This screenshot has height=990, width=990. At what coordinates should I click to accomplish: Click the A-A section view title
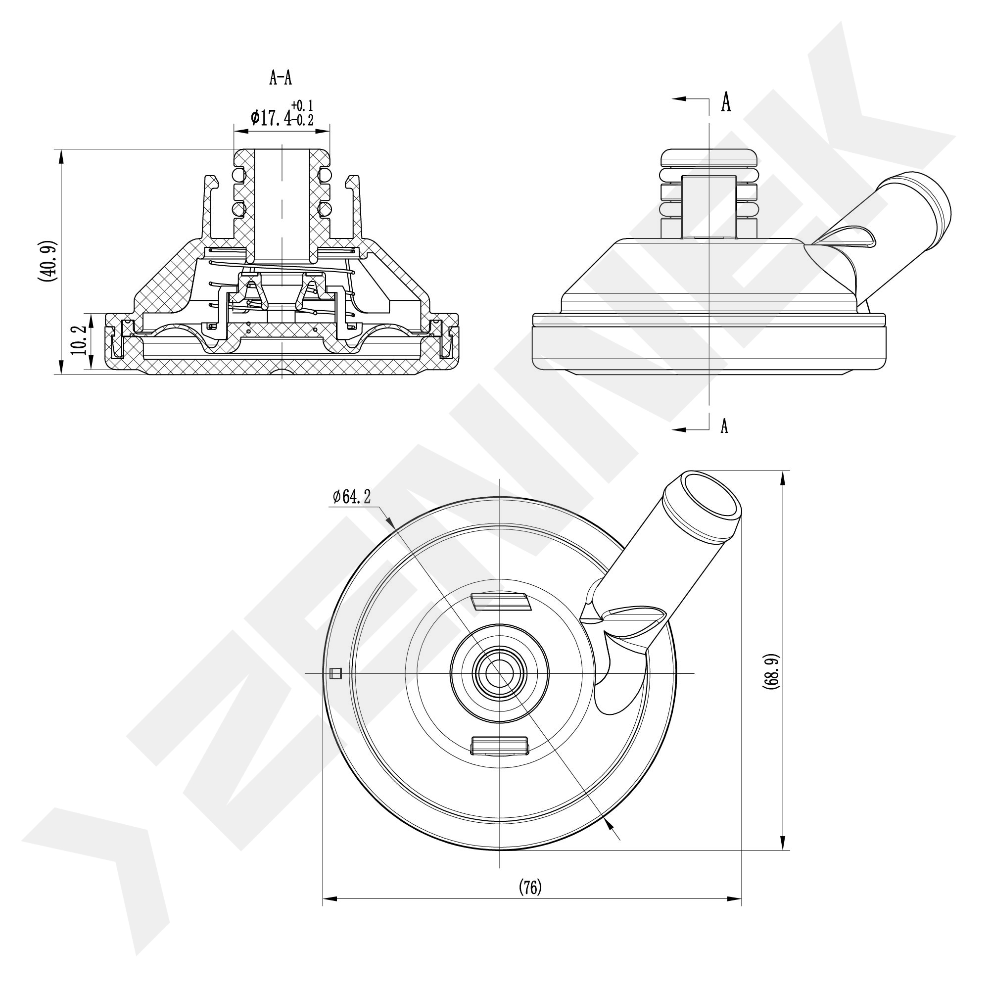coord(281,78)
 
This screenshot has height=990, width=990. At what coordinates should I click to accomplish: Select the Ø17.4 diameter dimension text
coord(272,118)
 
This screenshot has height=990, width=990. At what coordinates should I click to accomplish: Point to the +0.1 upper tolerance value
coord(303,105)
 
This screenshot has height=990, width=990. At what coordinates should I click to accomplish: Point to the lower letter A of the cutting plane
coord(724,425)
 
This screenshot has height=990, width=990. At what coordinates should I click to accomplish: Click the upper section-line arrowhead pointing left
coord(679,99)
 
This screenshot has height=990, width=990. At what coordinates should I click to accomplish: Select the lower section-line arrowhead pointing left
coord(679,429)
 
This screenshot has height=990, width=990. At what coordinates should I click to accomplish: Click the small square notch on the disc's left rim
coord(336,673)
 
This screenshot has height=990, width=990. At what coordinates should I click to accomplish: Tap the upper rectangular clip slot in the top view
coord(500,602)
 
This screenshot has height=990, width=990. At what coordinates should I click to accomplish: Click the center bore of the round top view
coord(499,673)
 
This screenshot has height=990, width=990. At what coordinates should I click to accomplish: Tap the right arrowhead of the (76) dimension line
coord(734,899)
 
